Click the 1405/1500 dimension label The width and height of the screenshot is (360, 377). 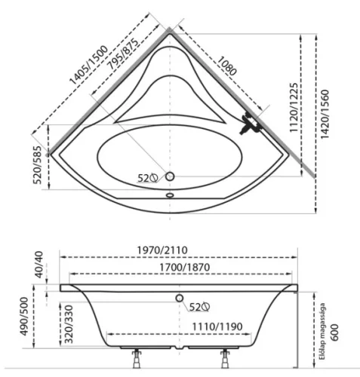pyautogui.click(x=88, y=66)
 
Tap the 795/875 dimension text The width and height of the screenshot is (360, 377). pyautogui.click(x=123, y=54)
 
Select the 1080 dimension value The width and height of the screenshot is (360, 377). pyautogui.click(x=226, y=66)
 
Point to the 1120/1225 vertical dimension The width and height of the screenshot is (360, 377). pyautogui.click(x=294, y=108)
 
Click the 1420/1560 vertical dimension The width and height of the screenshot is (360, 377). pyautogui.click(x=325, y=114)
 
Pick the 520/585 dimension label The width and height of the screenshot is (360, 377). pyautogui.click(x=37, y=164)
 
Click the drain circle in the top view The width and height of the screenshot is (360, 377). pyautogui.click(x=170, y=176)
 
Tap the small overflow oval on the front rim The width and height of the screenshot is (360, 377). pyautogui.click(x=170, y=195)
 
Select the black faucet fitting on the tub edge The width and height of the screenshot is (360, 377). pyautogui.click(x=249, y=124)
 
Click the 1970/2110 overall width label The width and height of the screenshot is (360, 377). pyautogui.click(x=162, y=250)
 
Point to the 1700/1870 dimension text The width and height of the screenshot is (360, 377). pyautogui.click(x=185, y=267)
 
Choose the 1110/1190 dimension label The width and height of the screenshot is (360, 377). pyautogui.click(x=217, y=326)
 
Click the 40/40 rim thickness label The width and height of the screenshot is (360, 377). pyautogui.click(x=39, y=265)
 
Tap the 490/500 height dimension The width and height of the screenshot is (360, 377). pyautogui.click(x=24, y=316)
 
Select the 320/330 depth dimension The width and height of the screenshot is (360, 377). pyautogui.click(x=69, y=324)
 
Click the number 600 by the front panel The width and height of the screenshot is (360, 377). pyautogui.click(x=334, y=333)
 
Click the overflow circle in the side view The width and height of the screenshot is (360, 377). pyautogui.click(x=180, y=298)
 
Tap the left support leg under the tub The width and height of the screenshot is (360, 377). pyautogui.click(x=137, y=359)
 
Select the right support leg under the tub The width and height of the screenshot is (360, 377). pyautogui.click(x=225, y=359)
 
